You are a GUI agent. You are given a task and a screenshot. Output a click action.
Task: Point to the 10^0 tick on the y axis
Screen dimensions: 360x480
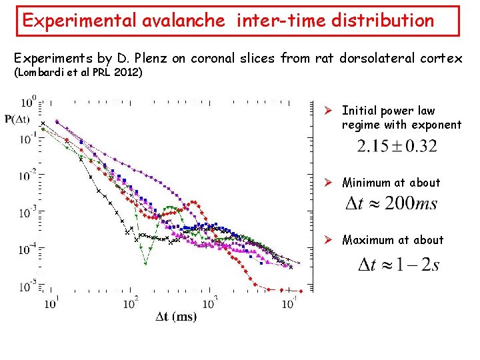(29, 102)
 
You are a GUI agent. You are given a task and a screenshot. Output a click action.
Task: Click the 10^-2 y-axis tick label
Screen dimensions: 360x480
(29, 175)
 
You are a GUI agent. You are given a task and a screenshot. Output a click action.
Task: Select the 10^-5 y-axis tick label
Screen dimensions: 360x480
(29, 287)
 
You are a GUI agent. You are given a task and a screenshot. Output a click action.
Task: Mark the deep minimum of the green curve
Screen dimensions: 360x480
(145, 263)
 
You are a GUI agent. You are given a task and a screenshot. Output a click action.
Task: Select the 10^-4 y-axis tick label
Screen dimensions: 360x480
(29, 249)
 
